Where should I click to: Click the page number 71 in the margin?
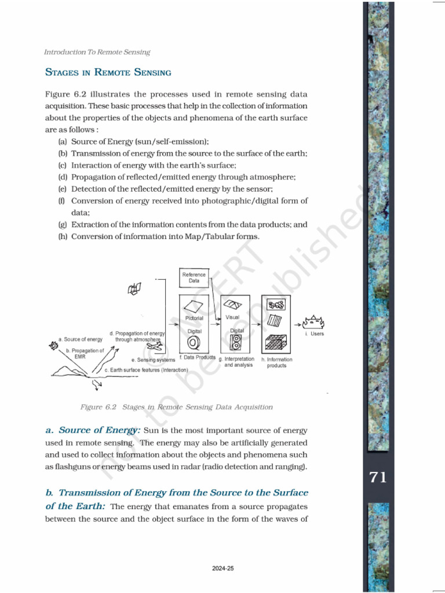point(377,478)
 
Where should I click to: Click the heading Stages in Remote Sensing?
point(108,73)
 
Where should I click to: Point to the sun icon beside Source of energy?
point(54,345)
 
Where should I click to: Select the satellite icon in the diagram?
point(135,288)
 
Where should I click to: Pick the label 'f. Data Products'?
point(197,358)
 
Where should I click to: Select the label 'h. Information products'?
point(277,363)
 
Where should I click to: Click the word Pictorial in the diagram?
point(194,319)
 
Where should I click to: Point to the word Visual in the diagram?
point(232,317)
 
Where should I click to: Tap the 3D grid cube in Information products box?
point(276,343)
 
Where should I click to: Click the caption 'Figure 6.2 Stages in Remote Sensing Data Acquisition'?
point(176,407)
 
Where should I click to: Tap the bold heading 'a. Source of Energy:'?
point(93,430)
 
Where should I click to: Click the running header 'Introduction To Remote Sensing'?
point(97,52)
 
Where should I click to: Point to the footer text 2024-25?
point(222,569)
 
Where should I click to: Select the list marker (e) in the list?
point(63,189)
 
